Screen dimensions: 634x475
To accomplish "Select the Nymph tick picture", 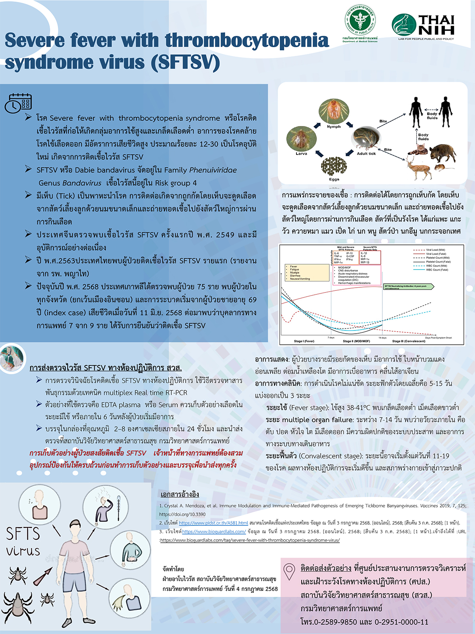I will [x=333, y=111].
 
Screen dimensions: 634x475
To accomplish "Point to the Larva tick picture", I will [x=301, y=138].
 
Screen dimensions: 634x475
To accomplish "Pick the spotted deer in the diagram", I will [x=417, y=165].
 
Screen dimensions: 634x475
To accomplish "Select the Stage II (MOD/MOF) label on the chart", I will [x=356, y=341].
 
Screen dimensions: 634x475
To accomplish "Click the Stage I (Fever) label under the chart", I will [x=304, y=341].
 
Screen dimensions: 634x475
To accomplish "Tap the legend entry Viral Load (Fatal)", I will [x=436, y=254].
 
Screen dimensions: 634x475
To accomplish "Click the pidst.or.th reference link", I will [x=213, y=523].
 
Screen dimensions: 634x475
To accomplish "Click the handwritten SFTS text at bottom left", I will [x=23, y=534].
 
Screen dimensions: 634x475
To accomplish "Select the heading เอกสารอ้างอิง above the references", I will [x=180, y=494].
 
